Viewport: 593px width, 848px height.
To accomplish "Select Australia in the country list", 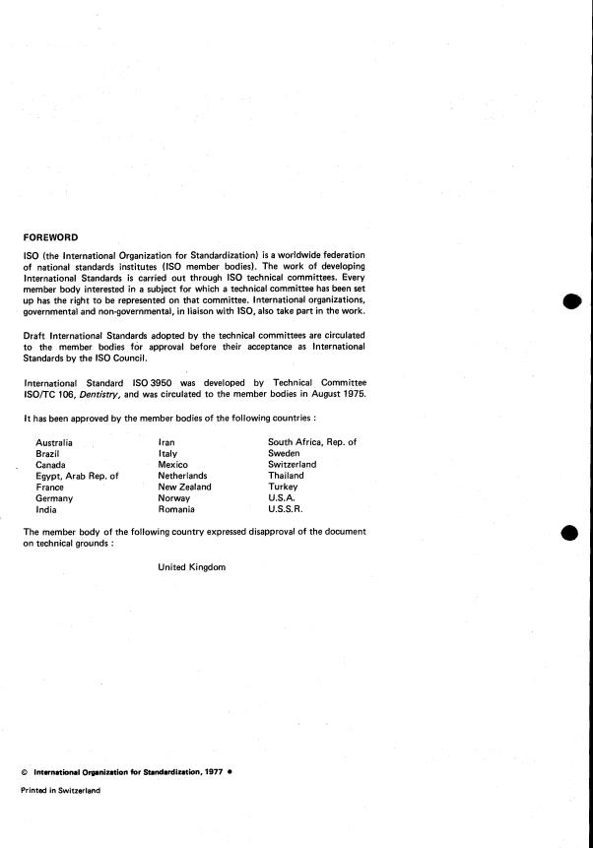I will coord(54,442).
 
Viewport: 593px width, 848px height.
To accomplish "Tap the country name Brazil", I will coord(47,453).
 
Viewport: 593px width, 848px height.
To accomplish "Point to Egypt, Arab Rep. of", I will coord(77,476).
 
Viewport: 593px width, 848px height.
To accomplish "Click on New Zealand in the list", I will coord(184,487).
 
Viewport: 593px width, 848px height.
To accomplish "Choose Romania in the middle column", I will coord(176,509).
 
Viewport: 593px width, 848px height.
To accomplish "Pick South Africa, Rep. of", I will coord(312,442).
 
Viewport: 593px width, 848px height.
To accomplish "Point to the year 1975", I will coord(351,395).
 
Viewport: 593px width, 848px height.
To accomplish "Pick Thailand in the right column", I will coord(290,476).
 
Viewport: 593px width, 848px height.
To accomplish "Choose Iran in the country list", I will coord(166,442).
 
